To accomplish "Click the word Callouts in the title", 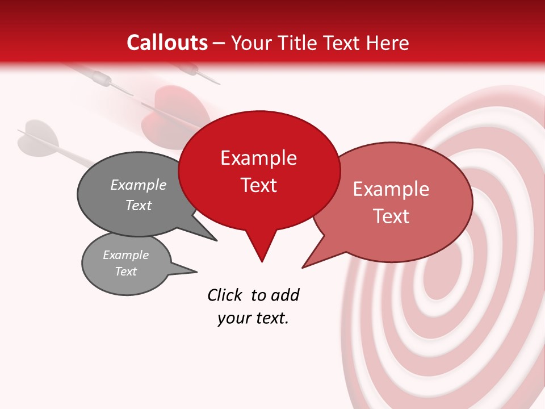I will [x=167, y=43].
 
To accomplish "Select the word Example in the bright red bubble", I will [x=258, y=158].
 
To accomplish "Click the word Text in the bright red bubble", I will [x=258, y=185].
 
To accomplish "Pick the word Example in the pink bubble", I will [x=391, y=189].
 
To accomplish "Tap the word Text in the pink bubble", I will [x=391, y=216].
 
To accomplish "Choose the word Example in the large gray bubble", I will [x=138, y=185].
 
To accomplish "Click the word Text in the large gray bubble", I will [x=138, y=205].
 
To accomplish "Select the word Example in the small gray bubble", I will [x=125, y=255].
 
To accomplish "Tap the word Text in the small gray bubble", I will [x=125, y=272].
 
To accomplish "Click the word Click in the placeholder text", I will [x=227, y=295].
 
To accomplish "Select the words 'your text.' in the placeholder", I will [x=253, y=318].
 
